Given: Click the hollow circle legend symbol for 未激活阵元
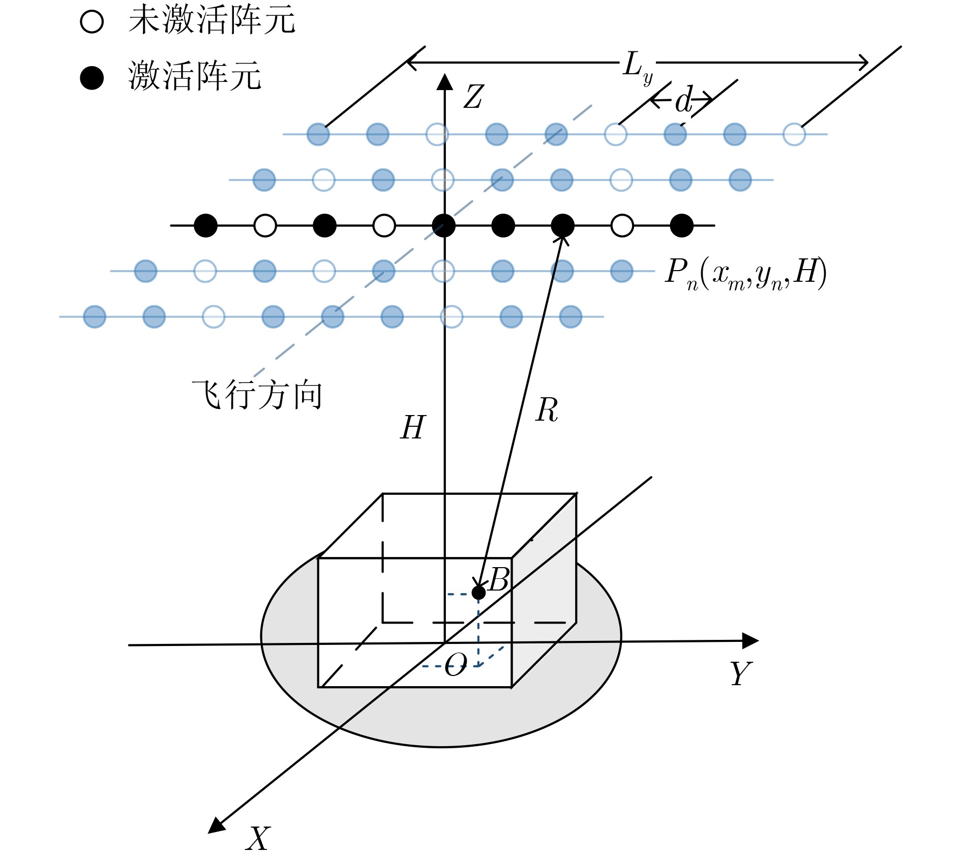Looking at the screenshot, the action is click(92, 22).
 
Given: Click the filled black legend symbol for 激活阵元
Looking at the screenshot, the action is click(92, 78).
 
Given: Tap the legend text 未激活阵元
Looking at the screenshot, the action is click(212, 21).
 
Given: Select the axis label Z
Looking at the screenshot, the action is click(473, 97).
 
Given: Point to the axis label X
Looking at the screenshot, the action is click(258, 838).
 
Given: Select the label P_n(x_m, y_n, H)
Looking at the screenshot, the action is click(746, 273).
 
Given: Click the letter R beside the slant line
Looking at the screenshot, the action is click(547, 410).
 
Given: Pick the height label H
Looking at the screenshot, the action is click(412, 427).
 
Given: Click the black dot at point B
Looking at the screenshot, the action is click(478, 592).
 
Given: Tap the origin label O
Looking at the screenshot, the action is click(456, 664).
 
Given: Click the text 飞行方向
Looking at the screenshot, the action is click(257, 395).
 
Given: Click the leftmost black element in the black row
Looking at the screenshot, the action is click(205, 225).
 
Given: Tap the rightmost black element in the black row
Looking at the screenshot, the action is click(681, 225).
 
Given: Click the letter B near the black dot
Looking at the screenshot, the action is click(499, 579).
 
